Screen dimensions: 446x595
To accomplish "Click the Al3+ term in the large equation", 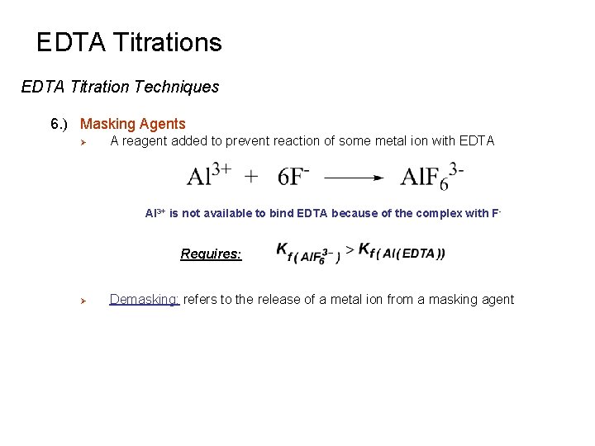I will click(x=208, y=175).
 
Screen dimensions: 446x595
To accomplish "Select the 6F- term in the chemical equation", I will click(x=294, y=175).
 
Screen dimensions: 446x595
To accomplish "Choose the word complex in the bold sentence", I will click(x=440, y=213).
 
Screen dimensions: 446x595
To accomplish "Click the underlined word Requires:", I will click(x=211, y=254).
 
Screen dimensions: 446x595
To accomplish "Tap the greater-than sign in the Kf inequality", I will click(x=350, y=249).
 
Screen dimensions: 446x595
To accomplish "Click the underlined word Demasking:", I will click(x=144, y=300).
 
